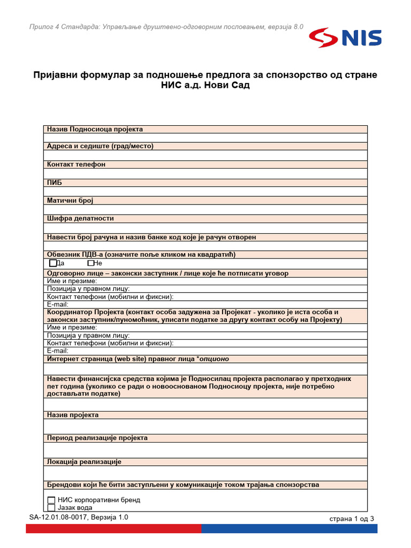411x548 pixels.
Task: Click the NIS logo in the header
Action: (x=345, y=38)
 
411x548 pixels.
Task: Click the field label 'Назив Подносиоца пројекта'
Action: (x=95, y=129)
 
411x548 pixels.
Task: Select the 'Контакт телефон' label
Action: (x=76, y=164)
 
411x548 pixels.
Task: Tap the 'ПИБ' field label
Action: (x=55, y=182)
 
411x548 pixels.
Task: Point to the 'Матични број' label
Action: (x=70, y=200)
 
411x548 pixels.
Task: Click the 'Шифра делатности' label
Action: (x=80, y=218)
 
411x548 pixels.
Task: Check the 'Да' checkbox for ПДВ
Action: (x=52, y=263)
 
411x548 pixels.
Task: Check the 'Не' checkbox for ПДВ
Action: (x=90, y=263)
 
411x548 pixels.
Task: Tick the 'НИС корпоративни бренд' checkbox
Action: (x=51, y=500)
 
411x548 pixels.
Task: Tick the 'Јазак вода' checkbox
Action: (x=51, y=507)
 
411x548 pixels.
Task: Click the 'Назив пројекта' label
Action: (x=73, y=415)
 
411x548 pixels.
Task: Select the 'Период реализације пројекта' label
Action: (x=97, y=438)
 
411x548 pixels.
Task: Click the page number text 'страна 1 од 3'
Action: (x=352, y=519)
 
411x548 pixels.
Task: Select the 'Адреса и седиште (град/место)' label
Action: (x=100, y=146)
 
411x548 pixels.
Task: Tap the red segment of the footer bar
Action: (x=113, y=529)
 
